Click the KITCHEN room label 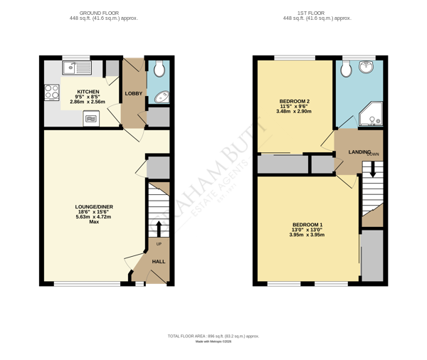(88, 92)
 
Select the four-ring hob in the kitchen (52, 92)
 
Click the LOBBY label (133, 93)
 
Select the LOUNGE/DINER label (94, 207)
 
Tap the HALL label (158, 261)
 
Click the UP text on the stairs (158, 244)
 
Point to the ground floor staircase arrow (158, 228)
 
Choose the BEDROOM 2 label (295, 102)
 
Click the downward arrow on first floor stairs (371, 171)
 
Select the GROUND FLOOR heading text (99, 13)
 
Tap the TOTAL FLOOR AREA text (213, 336)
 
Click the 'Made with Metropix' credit (213, 342)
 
